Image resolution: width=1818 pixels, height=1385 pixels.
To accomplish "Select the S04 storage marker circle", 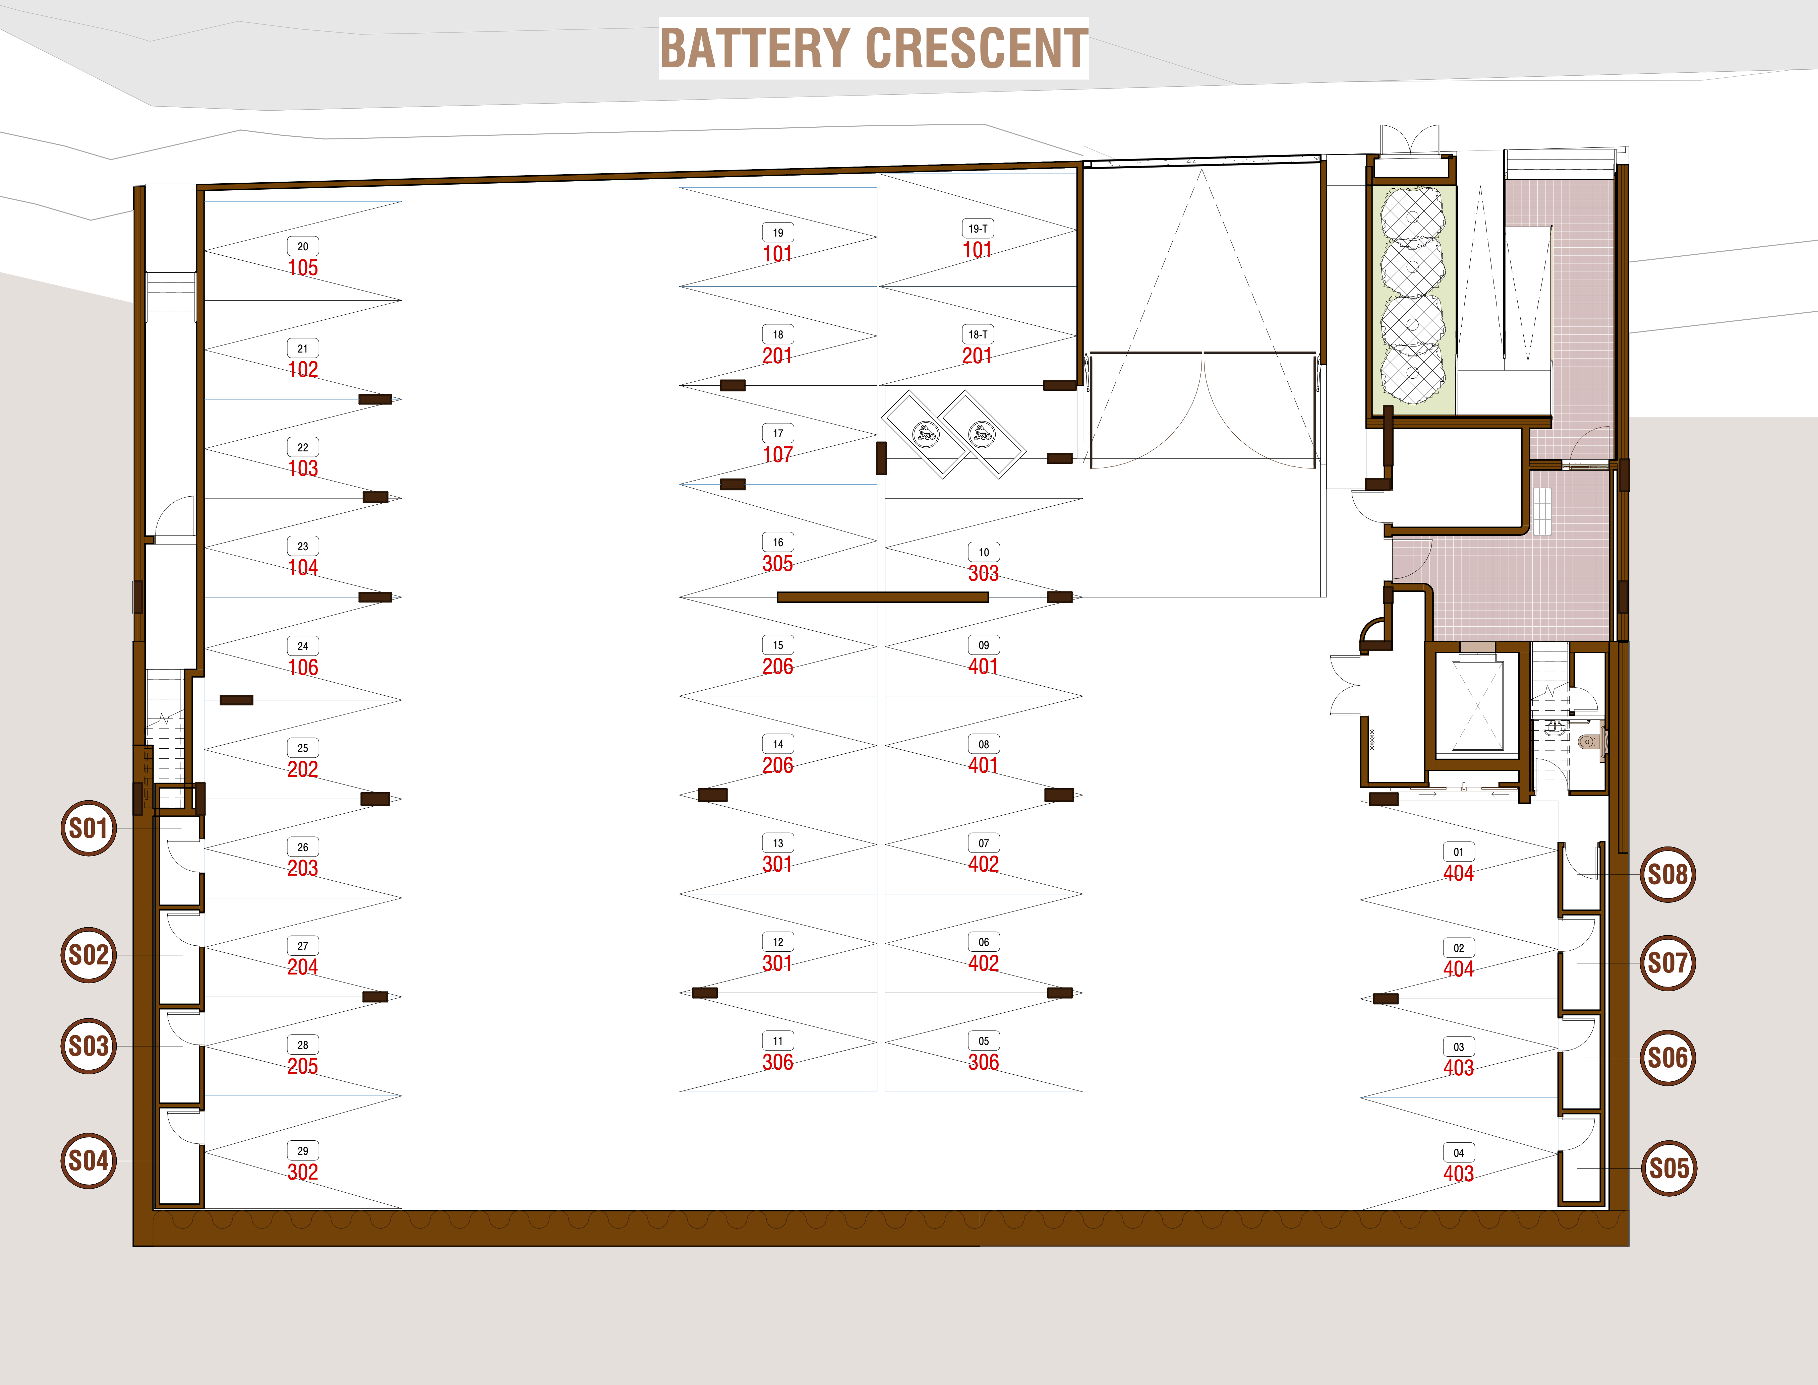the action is (x=88, y=1161).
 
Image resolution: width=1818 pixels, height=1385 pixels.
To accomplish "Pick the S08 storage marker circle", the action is (x=1668, y=874).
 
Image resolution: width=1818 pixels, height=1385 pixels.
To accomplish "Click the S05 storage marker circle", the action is (x=1669, y=1168).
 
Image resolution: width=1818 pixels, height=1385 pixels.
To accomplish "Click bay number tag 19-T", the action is (x=978, y=228).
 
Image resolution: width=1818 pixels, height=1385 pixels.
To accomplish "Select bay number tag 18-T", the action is (x=978, y=334).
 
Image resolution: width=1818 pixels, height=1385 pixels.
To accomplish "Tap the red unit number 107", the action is (x=777, y=454).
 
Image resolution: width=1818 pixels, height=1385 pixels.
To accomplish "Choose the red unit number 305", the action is (x=777, y=564).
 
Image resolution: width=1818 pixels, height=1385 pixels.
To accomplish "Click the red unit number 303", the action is (x=984, y=574).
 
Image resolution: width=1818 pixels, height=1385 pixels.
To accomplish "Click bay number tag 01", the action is (x=1459, y=852).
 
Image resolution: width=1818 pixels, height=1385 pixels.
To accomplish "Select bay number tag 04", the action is (x=1459, y=1152).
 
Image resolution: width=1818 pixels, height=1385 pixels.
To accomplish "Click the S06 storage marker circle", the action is (x=1668, y=1058).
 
